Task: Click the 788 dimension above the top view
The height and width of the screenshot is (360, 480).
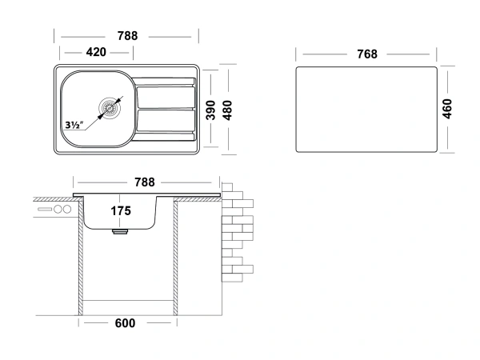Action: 127,36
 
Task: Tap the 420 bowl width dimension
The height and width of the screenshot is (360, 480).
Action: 96,52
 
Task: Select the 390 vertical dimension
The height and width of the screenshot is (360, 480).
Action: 210,110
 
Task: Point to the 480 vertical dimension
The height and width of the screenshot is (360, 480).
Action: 227,110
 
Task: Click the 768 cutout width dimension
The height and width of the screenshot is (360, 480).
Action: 367,54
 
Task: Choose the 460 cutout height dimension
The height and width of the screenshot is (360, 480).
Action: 447,109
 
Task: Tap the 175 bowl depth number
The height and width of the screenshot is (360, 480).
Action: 121,211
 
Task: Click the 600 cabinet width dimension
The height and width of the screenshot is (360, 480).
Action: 125,323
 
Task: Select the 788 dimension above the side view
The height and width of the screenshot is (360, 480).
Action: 145,182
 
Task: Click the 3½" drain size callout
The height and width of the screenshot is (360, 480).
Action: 74,125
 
